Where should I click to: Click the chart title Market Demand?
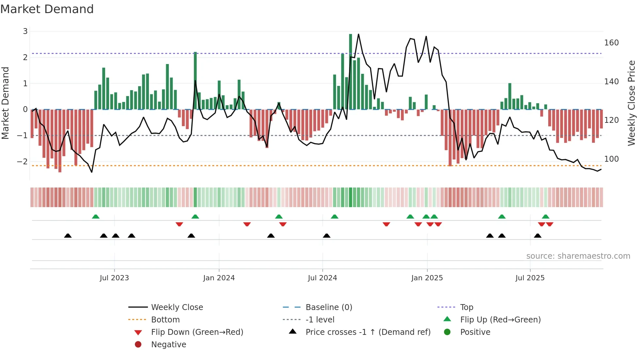(x=47, y=9)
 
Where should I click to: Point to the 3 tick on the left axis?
(x=25, y=31)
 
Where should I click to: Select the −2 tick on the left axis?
(x=22, y=161)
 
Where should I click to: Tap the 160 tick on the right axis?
(x=611, y=43)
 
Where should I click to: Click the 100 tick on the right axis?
(x=611, y=159)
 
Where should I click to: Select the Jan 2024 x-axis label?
(x=219, y=278)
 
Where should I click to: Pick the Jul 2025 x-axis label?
(x=530, y=278)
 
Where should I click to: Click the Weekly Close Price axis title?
(x=632, y=103)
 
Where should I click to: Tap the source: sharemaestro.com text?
(x=578, y=256)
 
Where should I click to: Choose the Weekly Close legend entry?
(x=177, y=307)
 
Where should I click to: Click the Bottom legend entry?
(x=165, y=320)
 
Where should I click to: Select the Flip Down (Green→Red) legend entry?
(x=197, y=332)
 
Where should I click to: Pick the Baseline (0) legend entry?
(x=328, y=307)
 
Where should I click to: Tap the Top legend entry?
(x=467, y=307)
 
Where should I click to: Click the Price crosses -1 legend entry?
(x=368, y=332)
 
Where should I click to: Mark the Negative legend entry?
(x=168, y=345)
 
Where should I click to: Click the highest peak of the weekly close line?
(x=359, y=34)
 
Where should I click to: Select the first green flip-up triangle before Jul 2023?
(x=96, y=217)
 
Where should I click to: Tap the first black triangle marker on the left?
(x=68, y=236)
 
